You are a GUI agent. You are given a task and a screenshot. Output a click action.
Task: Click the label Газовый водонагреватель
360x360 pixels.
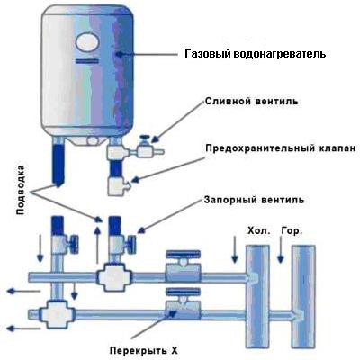tap(255, 54)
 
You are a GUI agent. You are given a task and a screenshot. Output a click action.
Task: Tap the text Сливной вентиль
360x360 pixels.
tap(252, 101)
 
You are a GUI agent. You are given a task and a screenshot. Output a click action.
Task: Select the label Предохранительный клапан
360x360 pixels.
tap(281, 148)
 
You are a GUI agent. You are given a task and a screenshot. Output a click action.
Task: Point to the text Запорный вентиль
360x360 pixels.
tap(254, 200)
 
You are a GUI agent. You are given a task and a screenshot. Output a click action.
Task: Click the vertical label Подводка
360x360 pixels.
tap(20, 190)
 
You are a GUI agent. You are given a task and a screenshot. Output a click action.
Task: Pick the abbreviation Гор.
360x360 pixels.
tap(292, 231)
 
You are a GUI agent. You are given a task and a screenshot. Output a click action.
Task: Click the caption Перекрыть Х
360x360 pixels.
tap(144, 350)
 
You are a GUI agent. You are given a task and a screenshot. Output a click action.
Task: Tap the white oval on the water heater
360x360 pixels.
tap(87, 42)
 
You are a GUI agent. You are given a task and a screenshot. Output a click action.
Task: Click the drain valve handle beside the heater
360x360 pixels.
tap(145, 139)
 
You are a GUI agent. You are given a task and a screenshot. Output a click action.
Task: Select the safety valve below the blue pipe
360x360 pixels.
tap(118, 186)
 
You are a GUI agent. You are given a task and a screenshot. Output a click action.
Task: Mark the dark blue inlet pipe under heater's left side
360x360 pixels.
tap(58, 165)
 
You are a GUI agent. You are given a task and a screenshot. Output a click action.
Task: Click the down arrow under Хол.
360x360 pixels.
tap(235, 249)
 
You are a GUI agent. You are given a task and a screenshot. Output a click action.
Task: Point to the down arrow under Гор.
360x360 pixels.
tap(281, 249)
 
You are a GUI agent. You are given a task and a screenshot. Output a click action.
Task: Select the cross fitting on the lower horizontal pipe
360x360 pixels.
tap(58, 314)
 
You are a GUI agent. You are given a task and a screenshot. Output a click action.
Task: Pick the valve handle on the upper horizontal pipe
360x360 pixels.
tap(183, 255)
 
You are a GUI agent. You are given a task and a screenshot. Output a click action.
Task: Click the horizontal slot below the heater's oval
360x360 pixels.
tap(87, 62)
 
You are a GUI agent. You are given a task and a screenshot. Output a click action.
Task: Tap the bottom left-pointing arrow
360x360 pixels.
tap(23, 328)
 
